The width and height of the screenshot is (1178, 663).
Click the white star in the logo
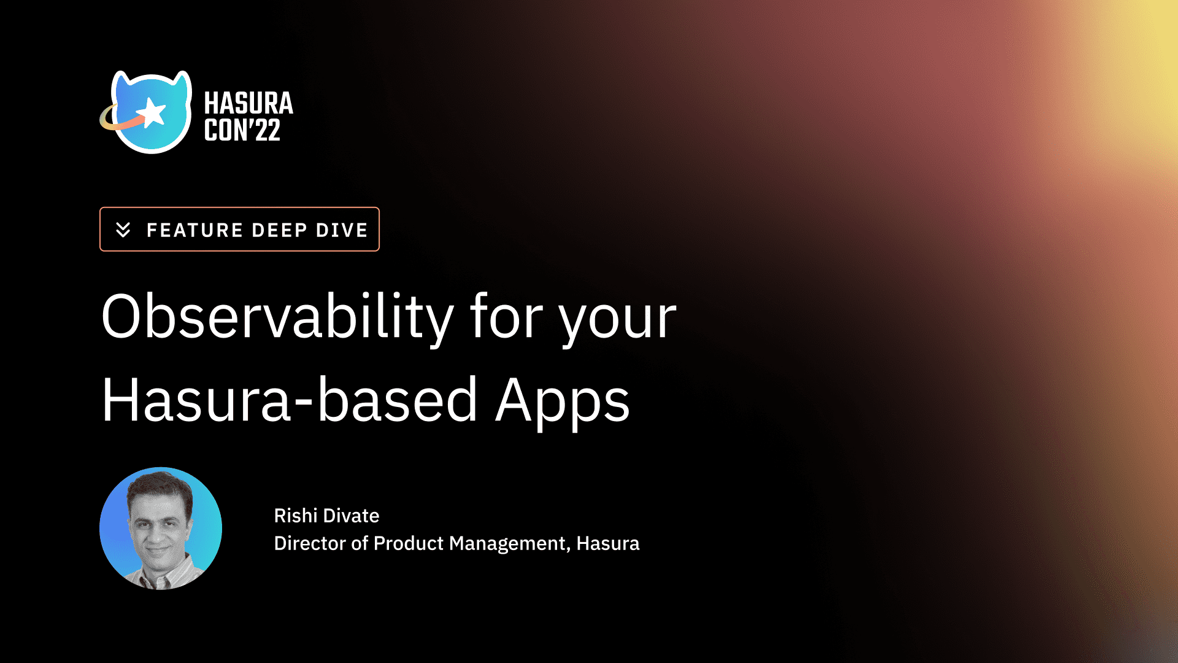click(x=152, y=113)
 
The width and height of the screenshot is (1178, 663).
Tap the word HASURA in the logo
click(x=248, y=103)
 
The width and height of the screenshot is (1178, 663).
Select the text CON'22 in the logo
click(x=242, y=130)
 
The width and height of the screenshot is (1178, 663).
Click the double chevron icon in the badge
click(x=123, y=230)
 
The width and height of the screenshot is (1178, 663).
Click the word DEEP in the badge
click(x=279, y=230)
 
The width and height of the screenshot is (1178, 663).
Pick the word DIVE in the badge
click(x=342, y=230)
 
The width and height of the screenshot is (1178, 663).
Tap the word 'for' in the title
click(x=506, y=317)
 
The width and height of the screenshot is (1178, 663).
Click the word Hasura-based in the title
click(x=289, y=400)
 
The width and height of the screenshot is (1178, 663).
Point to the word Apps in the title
click(x=563, y=403)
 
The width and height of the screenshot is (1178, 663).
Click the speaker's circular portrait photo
click(x=161, y=529)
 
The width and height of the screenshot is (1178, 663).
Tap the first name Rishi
click(x=295, y=516)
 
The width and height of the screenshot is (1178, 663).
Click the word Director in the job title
click(x=310, y=543)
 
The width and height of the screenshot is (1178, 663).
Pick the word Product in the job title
click(x=409, y=543)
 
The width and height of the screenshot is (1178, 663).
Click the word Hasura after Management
click(x=608, y=543)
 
